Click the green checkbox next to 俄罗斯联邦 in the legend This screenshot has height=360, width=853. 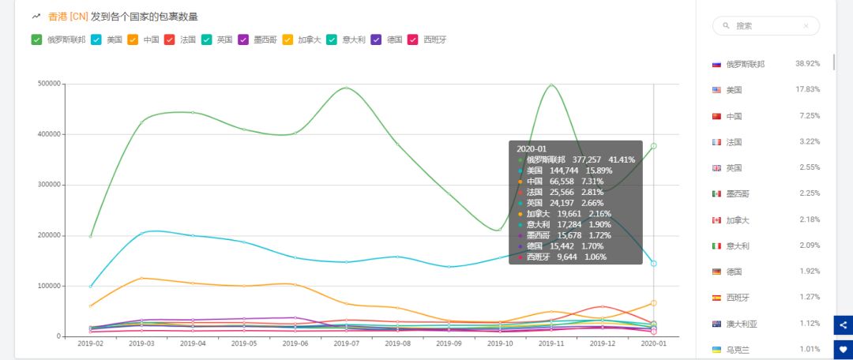pos(36,39)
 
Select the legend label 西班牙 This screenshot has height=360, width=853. pos(435,39)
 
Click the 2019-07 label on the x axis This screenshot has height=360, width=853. pos(346,343)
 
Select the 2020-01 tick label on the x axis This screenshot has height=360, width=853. pos(653,343)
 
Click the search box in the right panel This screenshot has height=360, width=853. pos(765,26)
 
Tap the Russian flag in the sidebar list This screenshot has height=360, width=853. pos(716,64)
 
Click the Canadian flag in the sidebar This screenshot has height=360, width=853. pos(716,219)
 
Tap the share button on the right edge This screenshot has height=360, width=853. pos(843,324)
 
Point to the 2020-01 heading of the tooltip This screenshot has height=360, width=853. pos(531,148)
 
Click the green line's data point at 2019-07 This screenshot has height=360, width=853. pos(346,88)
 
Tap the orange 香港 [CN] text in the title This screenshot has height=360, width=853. pos(68,16)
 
